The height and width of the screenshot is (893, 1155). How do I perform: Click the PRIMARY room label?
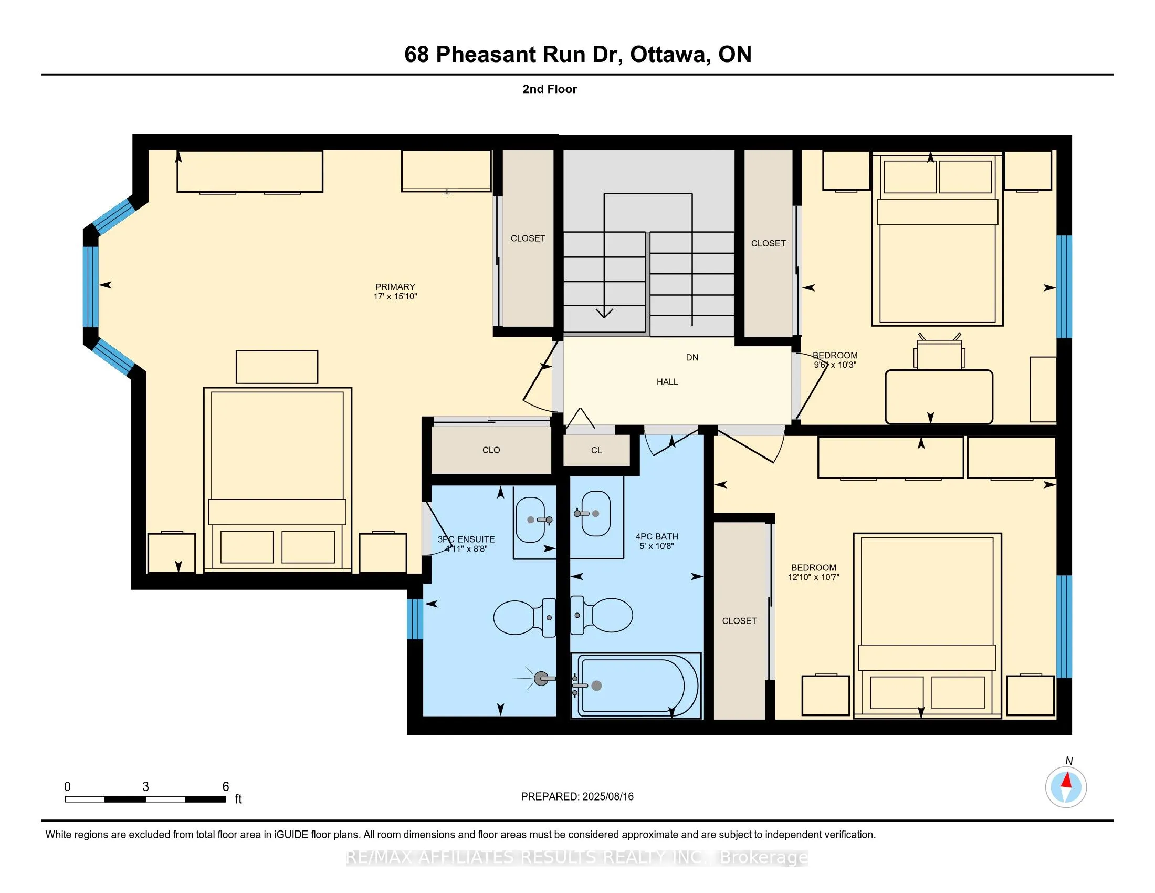[x=395, y=287]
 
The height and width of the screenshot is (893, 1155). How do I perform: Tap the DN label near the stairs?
[x=692, y=358]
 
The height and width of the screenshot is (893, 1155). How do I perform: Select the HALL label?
[x=667, y=382]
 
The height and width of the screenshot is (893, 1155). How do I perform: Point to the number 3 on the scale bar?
[x=145, y=787]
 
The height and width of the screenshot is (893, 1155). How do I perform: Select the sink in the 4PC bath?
[x=596, y=513]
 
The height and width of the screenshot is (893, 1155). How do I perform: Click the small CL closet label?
[x=596, y=451]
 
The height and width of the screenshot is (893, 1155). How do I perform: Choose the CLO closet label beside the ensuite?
[x=491, y=450]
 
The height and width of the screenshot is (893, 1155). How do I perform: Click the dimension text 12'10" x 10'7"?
[x=813, y=577]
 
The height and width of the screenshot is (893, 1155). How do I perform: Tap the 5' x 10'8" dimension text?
[x=656, y=546]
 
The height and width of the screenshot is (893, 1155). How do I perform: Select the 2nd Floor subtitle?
[x=550, y=89]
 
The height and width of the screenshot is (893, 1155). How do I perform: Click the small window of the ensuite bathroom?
[x=415, y=618]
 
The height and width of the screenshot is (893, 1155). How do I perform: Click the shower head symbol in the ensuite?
[x=540, y=679]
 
